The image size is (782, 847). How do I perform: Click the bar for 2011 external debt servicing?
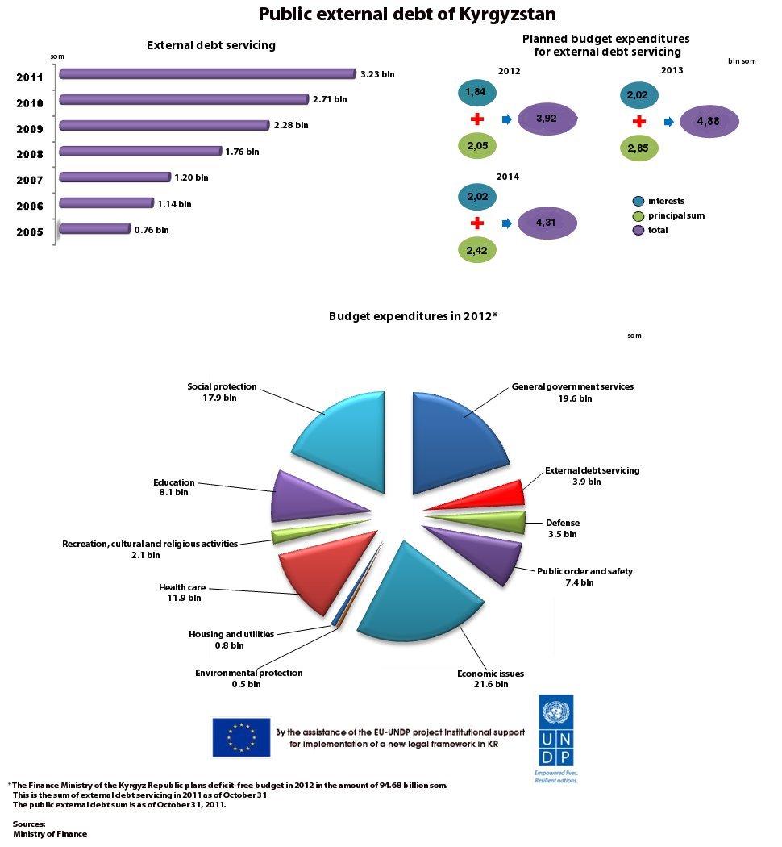(207, 74)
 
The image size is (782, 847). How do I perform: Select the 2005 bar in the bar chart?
(94, 229)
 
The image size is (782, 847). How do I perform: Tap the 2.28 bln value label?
(290, 125)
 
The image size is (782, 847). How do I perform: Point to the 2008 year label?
(29, 154)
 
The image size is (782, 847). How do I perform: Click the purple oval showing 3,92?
(547, 119)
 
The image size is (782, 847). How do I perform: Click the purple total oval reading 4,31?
(547, 223)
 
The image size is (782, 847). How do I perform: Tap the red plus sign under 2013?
(639, 122)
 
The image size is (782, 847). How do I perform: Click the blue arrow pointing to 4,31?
(506, 223)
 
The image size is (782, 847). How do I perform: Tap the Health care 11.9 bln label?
(179, 593)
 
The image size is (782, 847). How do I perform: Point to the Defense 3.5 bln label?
(562, 528)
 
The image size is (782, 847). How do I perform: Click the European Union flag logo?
(241, 736)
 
